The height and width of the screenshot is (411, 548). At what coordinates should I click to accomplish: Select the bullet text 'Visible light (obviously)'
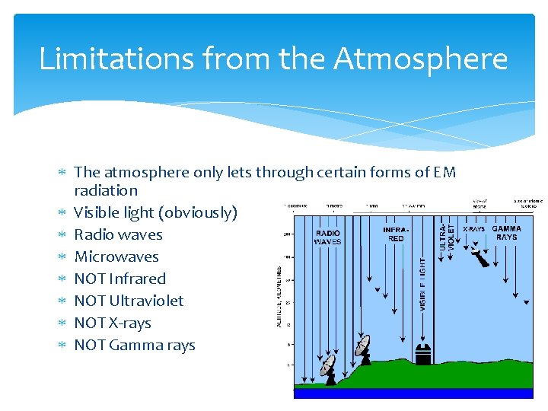tap(155, 212)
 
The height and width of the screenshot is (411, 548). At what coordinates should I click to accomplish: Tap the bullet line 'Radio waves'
tap(118, 234)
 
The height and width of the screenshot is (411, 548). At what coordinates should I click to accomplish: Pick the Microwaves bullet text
tap(116, 256)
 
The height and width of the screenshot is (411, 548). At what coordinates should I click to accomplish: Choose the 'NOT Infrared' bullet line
tap(119, 279)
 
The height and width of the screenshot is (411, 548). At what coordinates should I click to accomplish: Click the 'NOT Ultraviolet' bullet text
tap(129, 301)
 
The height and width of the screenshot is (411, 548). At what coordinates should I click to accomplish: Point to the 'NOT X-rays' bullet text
tap(113, 323)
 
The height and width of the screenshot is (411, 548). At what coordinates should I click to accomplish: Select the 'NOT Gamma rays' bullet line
tap(135, 345)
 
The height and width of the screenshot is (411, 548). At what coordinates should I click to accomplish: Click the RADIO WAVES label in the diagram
tap(328, 237)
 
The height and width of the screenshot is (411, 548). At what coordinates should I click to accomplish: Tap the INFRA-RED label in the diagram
tap(396, 233)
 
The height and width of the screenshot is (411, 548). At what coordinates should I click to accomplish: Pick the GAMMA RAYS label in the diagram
tap(506, 233)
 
